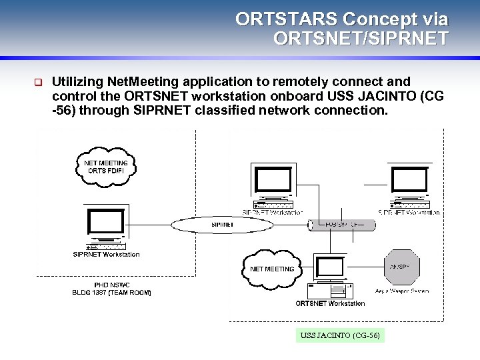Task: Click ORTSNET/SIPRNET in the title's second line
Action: coord(361,39)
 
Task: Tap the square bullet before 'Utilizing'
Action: coord(38,83)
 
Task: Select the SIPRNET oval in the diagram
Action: coord(223,225)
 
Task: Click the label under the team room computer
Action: coord(107,254)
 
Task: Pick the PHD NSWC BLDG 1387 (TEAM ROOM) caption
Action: coord(112,289)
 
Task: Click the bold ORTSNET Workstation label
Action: coord(330,303)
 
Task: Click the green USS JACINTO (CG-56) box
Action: coord(340,335)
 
